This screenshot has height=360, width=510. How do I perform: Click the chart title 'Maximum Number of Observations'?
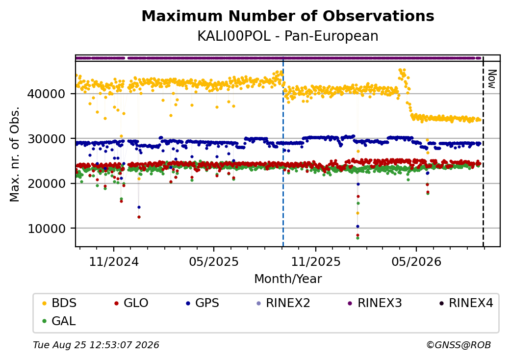288,16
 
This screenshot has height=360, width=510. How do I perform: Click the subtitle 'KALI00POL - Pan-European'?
288,36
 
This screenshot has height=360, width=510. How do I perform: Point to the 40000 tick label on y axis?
46,94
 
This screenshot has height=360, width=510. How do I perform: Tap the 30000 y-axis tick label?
46,139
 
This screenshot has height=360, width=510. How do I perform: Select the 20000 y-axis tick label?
46,184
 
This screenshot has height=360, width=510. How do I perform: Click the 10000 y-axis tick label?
46,229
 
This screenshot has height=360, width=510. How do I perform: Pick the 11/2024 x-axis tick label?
114,262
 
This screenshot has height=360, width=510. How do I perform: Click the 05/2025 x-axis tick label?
214,262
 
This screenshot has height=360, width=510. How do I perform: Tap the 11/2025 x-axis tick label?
315,262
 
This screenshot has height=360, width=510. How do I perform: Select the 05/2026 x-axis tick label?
416,262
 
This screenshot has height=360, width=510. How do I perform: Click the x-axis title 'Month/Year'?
288,279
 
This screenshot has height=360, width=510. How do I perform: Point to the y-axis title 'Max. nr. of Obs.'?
14,154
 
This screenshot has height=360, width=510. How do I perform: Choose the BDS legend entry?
59,303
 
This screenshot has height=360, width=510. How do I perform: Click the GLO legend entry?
131,303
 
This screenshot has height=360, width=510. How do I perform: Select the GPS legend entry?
203,303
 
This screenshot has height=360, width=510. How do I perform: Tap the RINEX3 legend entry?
375,303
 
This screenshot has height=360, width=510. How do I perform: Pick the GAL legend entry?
59,321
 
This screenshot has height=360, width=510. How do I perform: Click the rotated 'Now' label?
492,79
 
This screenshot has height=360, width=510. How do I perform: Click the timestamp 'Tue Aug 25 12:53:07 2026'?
96,345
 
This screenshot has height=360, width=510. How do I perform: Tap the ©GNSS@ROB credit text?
459,345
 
